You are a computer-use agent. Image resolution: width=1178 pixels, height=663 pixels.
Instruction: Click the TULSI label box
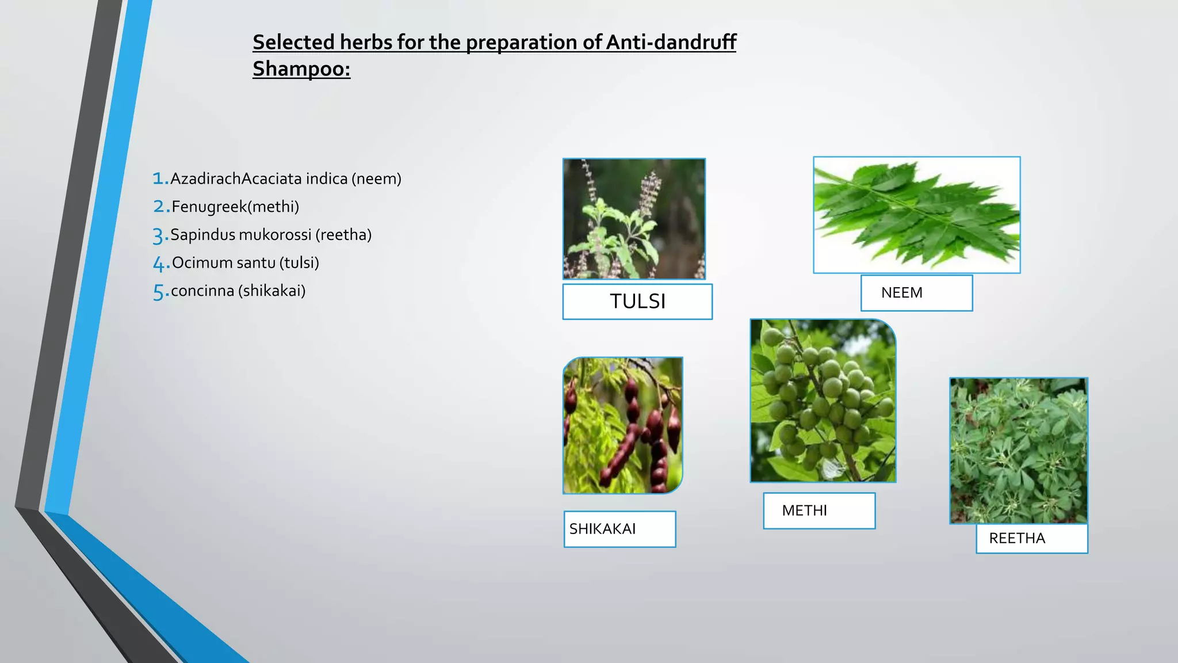[637, 302]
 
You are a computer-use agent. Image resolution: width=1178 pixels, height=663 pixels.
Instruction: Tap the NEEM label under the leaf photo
[916, 293]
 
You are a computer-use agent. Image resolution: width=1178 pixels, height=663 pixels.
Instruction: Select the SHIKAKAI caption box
[619, 529]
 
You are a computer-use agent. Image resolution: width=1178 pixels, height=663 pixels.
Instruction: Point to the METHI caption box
[819, 510]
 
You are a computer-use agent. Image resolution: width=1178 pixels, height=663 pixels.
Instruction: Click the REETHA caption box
[1031, 539]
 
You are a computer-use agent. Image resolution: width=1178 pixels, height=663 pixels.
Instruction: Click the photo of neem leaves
[916, 215]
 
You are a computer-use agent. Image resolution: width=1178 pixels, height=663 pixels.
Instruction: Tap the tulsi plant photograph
[634, 219]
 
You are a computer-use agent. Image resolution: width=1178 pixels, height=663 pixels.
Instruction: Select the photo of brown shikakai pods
[622, 425]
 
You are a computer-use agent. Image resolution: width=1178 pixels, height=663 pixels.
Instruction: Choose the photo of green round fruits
[823, 401]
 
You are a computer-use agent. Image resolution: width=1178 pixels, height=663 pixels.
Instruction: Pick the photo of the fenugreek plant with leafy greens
[1018, 451]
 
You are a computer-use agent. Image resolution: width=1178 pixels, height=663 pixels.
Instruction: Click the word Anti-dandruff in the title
[671, 42]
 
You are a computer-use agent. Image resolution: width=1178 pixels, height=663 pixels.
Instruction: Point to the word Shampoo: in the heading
[301, 69]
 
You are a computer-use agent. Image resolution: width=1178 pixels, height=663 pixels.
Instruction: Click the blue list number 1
[160, 178]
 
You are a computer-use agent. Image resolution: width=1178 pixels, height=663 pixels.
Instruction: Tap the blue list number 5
[160, 292]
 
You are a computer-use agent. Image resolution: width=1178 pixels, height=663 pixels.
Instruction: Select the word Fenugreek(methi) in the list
[235, 207]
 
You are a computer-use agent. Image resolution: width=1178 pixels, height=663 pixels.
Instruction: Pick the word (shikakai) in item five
[272, 291]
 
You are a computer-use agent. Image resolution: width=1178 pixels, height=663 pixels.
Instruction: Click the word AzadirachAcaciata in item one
[236, 179]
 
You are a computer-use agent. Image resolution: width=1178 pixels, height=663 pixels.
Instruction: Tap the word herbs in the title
[366, 42]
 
